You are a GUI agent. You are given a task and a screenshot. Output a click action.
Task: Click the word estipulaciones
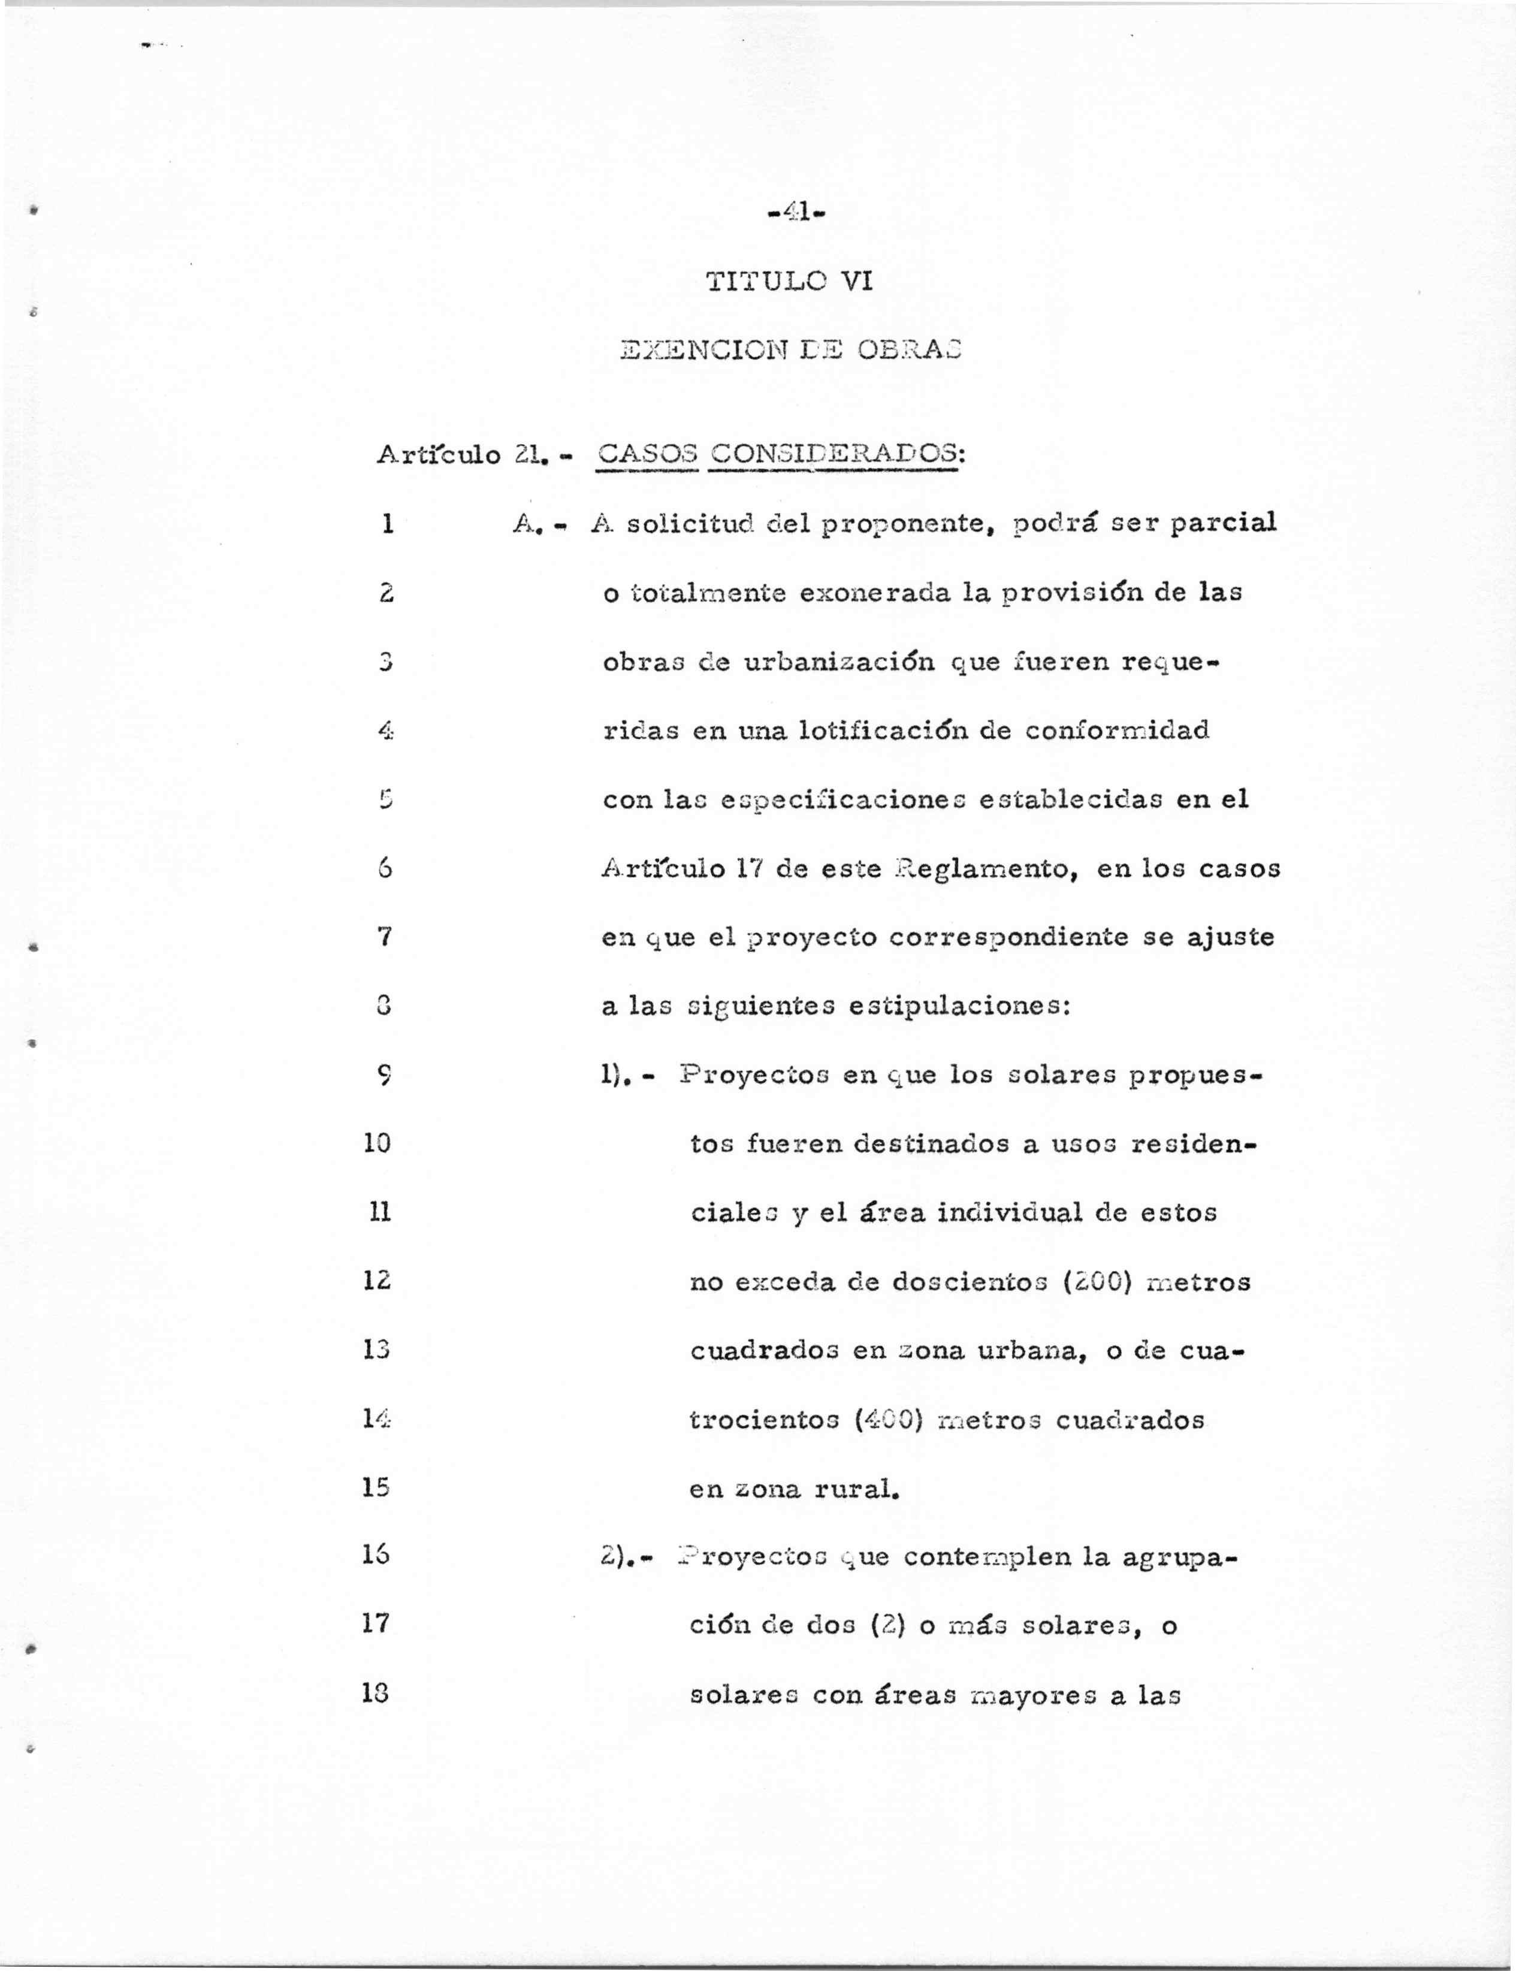click(x=960, y=1006)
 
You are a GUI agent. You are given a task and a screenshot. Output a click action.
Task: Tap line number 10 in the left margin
click(x=376, y=1143)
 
